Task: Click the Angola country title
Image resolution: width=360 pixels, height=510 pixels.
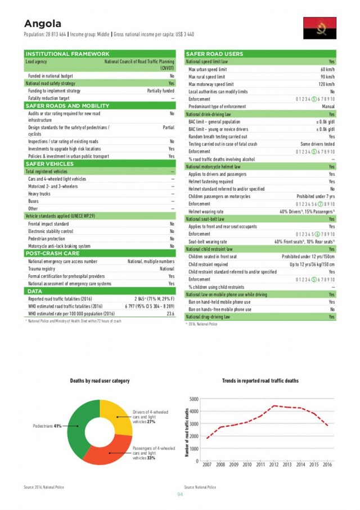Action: (x=42, y=24)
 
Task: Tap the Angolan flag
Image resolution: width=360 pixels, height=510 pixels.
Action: (x=319, y=28)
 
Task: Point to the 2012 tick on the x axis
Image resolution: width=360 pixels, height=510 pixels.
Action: (x=274, y=466)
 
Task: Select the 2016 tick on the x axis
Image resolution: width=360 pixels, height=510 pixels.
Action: (x=327, y=466)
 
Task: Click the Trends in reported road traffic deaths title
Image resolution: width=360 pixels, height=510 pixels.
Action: (x=260, y=381)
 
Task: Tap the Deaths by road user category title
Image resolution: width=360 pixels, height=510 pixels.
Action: (x=100, y=381)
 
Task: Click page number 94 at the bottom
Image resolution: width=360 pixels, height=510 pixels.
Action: (x=180, y=494)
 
